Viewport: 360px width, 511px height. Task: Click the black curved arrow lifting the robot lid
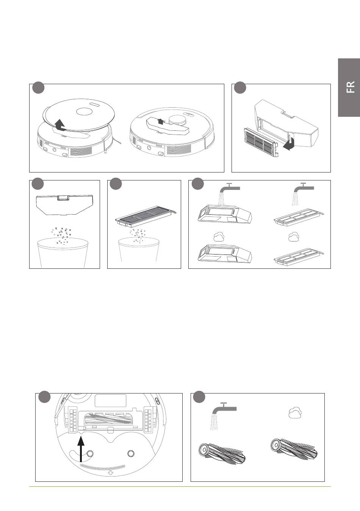coord(60,125)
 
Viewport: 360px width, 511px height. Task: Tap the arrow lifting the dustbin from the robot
coord(161,121)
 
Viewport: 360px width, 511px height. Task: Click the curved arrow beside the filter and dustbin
coord(288,144)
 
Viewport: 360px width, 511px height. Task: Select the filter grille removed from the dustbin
coord(261,142)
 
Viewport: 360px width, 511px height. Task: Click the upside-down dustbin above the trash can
coord(64,205)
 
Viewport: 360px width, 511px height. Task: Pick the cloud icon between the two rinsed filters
coord(294,237)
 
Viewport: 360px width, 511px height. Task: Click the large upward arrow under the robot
coord(81,450)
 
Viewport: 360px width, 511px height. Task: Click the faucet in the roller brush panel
coord(224,411)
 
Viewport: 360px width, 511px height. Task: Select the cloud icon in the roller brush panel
coord(295,413)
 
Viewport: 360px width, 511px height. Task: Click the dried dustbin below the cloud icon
coord(225,254)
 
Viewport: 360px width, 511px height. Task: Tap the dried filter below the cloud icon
coord(299,258)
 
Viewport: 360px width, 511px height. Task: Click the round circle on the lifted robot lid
coord(84,111)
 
